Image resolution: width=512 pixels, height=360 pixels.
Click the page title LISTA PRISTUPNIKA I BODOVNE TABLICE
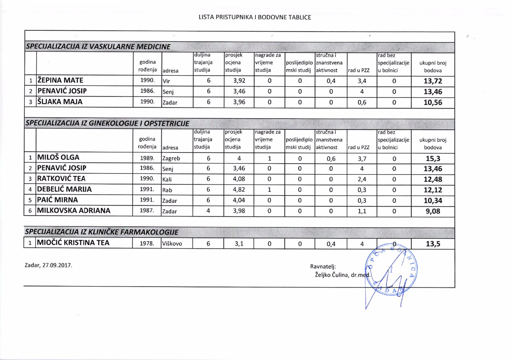pyautogui.click(x=255, y=18)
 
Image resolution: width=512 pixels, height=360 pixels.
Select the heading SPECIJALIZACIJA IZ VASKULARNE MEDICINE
pyautogui.click(x=99, y=47)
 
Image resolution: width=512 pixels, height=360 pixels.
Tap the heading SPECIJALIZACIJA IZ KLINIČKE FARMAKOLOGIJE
pyautogui.click(x=102, y=232)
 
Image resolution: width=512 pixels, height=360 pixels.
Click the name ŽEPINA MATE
pyautogui.click(x=60, y=80)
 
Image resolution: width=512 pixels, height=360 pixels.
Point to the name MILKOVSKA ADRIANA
pyautogui.click(x=74, y=211)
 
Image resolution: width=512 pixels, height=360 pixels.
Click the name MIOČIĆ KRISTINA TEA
pyautogui.click(x=73, y=243)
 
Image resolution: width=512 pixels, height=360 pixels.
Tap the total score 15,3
pyautogui.click(x=433, y=158)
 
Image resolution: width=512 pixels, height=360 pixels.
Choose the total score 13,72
pyautogui.click(x=433, y=81)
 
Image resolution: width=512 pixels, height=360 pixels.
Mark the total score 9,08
pyautogui.click(x=433, y=211)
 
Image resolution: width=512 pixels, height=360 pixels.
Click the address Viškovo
pyautogui.click(x=172, y=244)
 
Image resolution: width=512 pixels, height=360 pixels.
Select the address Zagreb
pyautogui.click(x=172, y=158)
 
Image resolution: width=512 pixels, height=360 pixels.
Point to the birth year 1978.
pyautogui.click(x=147, y=244)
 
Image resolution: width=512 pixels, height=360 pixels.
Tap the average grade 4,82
pyautogui.click(x=239, y=190)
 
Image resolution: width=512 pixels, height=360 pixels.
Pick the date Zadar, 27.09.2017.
pyautogui.click(x=49, y=265)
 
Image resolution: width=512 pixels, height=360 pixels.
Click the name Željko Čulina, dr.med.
pyautogui.click(x=342, y=275)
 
